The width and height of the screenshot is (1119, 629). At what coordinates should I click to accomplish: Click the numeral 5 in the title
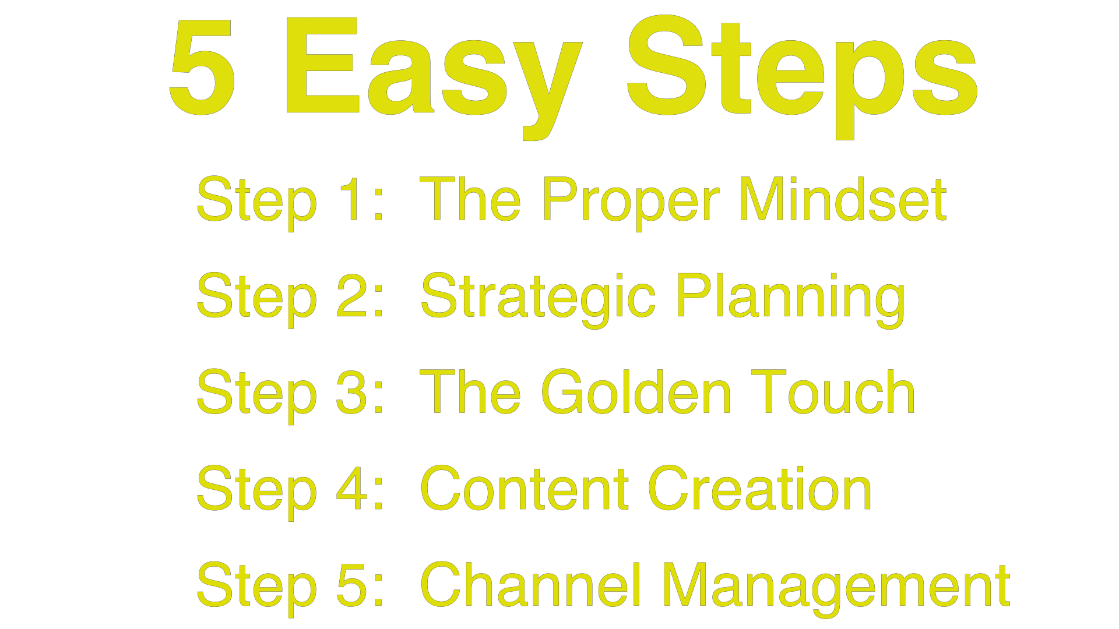(x=203, y=67)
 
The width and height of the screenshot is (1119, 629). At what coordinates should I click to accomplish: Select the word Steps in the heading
(x=802, y=73)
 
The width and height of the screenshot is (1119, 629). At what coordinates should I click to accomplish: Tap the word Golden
(x=636, y=393)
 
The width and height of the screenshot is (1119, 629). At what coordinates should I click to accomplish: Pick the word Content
(x=525, y=489)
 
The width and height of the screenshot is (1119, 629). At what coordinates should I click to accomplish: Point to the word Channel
(x=530, y=585)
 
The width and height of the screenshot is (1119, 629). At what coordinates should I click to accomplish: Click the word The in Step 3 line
(x=470, y=393)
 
